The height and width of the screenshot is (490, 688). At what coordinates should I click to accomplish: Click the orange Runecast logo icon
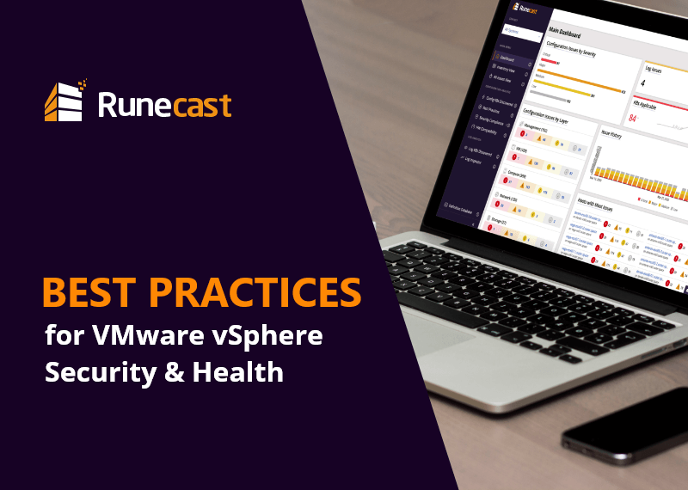click(65, 101)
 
